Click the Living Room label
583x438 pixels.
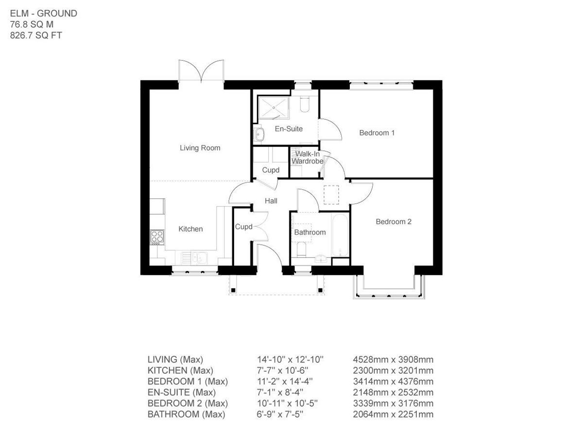point(200,148)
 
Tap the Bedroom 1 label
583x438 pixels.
point(377,132)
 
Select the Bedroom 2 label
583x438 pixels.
point(394,221)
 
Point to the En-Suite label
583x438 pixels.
point(289,129)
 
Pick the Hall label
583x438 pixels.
point(271,201)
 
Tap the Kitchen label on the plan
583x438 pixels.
point(190,229)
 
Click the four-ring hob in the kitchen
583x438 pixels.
point(157,237)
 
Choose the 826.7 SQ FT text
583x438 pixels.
point(36,35)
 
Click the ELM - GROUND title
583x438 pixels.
point(43,13)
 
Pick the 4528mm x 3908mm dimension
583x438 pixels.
point(393,360)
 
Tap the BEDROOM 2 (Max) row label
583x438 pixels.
point(188,403)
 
